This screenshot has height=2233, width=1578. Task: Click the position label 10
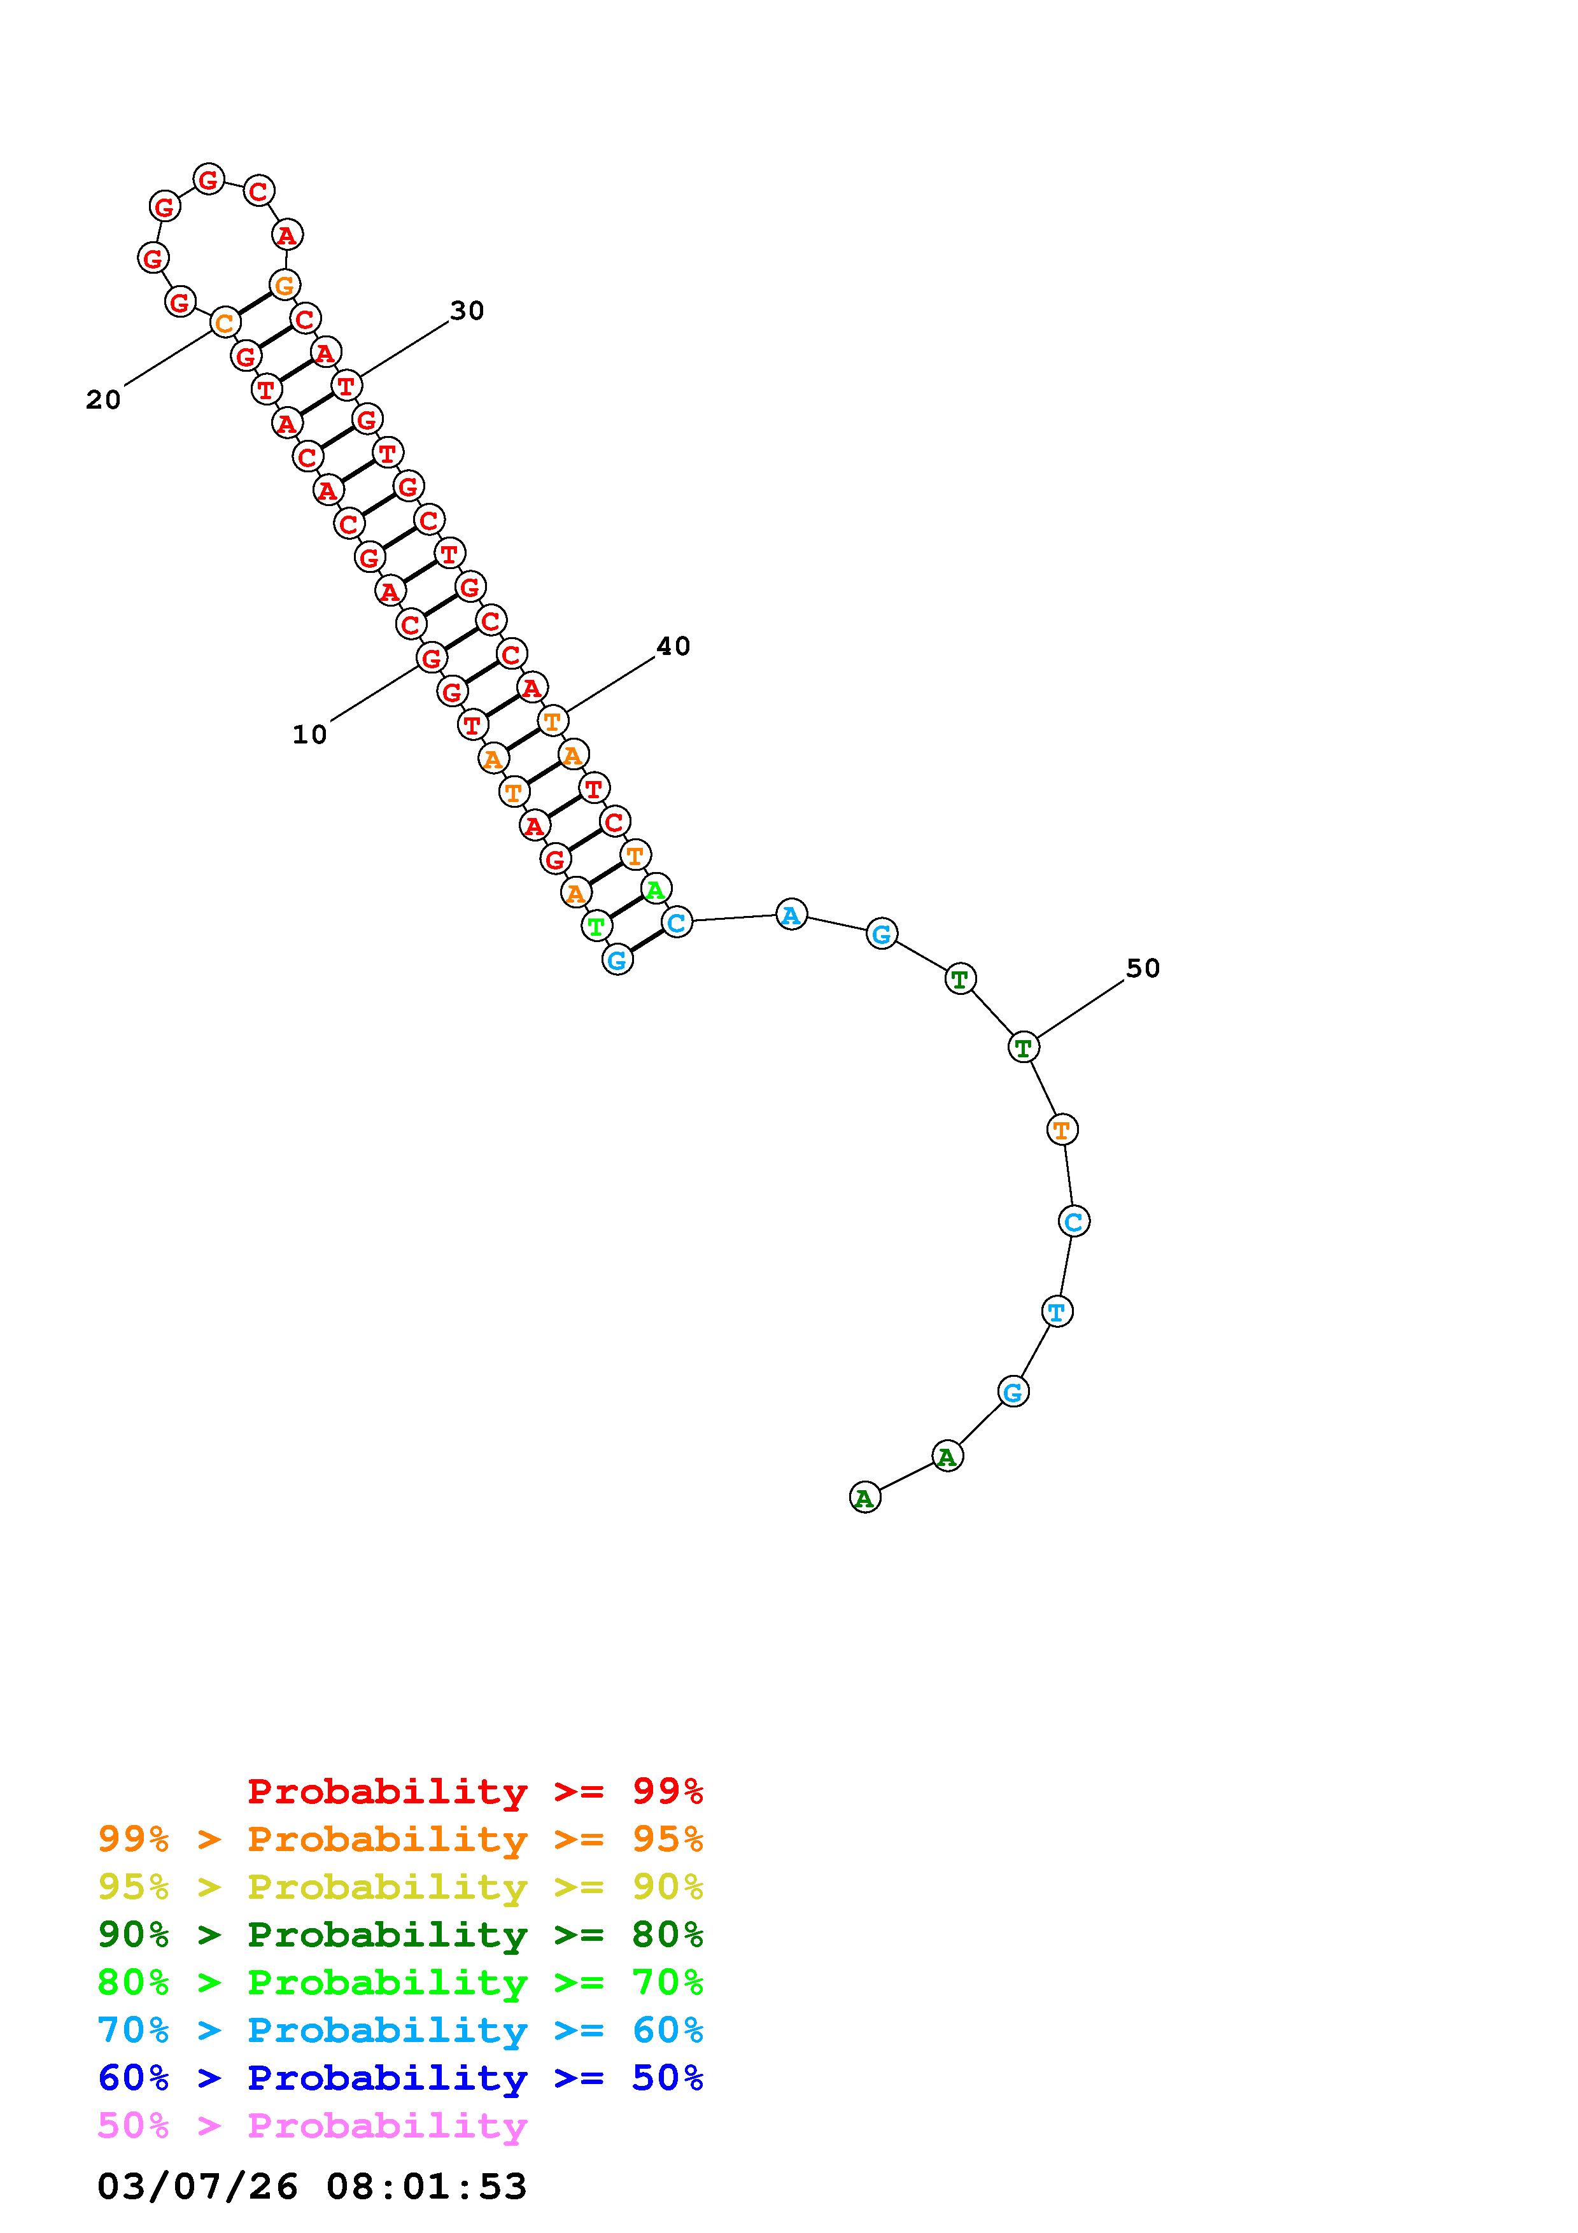point(309,735)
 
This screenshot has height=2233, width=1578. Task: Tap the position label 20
point(103,400)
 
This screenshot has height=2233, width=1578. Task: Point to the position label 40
point(673,646)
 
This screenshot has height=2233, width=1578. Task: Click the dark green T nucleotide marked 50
point(1023,1048)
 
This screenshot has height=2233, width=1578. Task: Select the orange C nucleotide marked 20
point(225,322)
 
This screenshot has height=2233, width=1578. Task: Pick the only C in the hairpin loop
point(258,190)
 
